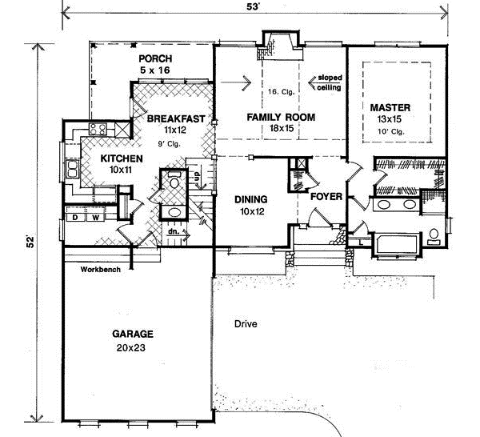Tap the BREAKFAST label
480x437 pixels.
[x=174, y=118]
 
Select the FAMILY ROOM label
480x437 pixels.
[x=281, y=117]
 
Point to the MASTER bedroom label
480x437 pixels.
[x=390, y=106]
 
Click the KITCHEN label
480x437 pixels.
[x=122, y=158]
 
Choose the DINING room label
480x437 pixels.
[x=250, y=199]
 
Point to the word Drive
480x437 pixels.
[x=246, y=324]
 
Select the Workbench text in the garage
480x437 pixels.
[x=101, y=269]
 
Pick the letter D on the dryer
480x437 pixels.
[x=74, y=217]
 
